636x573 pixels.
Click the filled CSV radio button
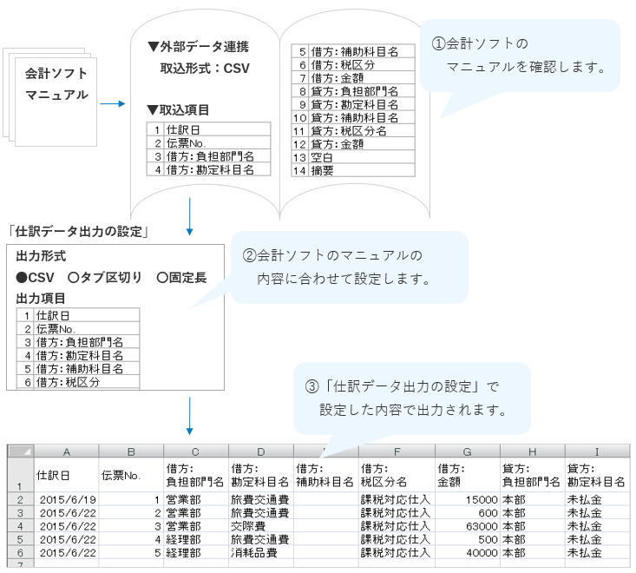click(x=22, y=278)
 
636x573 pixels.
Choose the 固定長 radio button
click(x=162, y=278)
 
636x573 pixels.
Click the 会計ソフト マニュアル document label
click(x=56, y=84)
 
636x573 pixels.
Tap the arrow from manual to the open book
click(x=113, y=104)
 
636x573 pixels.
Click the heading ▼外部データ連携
click(x=198, y=46)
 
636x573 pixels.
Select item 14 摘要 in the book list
click(x=322, y=171)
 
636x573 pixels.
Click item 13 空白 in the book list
click(x=322, y=157)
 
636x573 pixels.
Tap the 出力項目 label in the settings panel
click(x=41, y=298)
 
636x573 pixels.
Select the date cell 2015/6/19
click(x=66, y=499)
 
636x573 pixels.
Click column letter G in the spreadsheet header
click(x=468, y=451)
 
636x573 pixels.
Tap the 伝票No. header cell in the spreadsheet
click(x=121, y=475)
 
